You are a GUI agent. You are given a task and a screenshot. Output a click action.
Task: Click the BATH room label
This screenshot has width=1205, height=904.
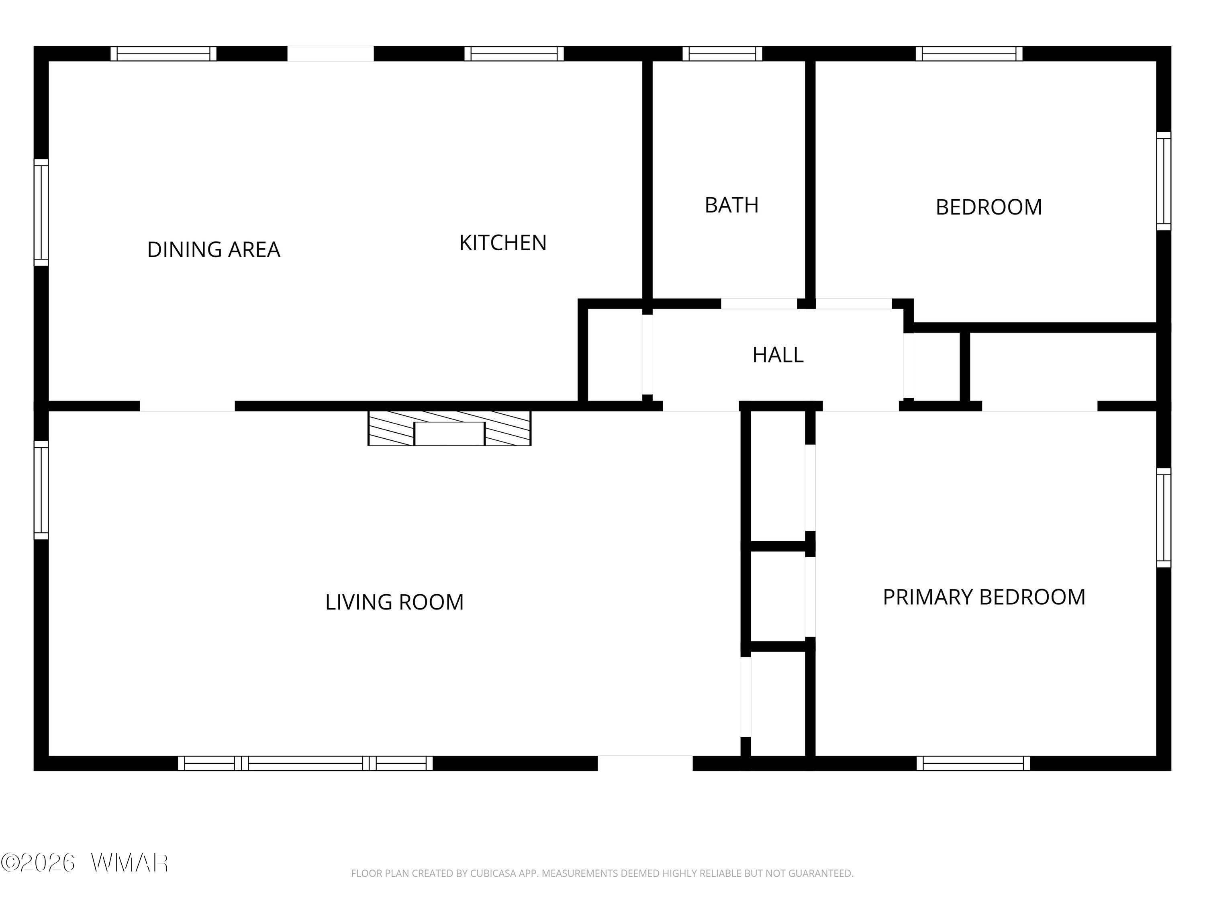[731, 205]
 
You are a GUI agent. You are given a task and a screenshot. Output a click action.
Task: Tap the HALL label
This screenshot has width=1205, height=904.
[778, 355]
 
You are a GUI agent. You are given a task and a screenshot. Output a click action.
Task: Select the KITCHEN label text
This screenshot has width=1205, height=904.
[503, 243]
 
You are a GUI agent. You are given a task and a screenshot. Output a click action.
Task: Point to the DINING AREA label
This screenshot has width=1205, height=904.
[214, 250]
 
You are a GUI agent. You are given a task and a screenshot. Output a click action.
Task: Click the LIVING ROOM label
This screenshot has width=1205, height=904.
[394, 602]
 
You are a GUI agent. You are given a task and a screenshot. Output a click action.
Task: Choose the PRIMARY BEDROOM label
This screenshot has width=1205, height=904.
[984, 597]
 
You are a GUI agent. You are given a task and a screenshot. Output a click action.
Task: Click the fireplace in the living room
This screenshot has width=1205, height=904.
[449, 428]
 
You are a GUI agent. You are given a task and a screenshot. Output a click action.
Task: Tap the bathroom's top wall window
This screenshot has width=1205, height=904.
[722, 53]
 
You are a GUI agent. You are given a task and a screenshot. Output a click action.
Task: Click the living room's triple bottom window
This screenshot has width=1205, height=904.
[306, 763]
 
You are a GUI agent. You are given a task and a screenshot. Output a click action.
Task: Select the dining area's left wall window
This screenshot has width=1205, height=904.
[41, 213]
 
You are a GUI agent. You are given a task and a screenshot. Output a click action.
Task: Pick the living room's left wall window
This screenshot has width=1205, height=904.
[41, 490]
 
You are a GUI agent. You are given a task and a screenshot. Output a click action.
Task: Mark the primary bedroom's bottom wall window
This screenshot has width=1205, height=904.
[973, 763]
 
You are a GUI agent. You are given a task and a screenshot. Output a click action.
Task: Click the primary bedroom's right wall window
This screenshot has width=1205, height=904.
[1164, 517]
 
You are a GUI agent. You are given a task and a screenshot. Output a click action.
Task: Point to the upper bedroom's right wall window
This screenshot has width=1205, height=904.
[1164, 181]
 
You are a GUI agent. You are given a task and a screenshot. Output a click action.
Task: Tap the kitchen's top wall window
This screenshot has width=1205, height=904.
[514, 53]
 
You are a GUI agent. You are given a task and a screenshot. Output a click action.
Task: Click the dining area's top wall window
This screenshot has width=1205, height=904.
[163, 53]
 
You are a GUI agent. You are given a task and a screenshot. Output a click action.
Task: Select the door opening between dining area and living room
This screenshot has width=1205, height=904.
[188, 406]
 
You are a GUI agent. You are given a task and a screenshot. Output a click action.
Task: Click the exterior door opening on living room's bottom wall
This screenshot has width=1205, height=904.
[645, 763]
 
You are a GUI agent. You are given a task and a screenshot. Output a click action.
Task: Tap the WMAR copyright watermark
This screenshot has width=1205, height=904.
[84, 863]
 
